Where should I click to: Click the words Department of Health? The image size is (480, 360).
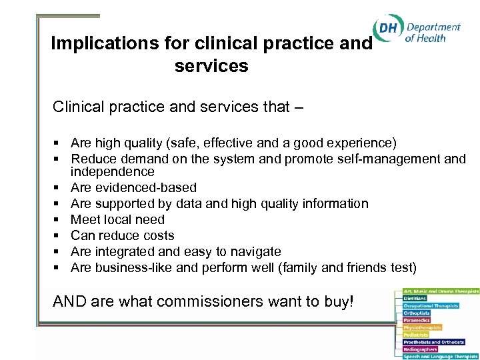[432, 33]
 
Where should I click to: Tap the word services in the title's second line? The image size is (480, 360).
[211, 67]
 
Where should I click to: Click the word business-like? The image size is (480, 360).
[125, 267]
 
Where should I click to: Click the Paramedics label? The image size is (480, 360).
[418, 321]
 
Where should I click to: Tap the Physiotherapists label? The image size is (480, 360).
[423, 327]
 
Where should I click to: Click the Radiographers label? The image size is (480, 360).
[421, 349]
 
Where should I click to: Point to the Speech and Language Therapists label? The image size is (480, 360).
[441, 356]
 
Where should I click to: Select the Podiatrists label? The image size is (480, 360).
[417, 335]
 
